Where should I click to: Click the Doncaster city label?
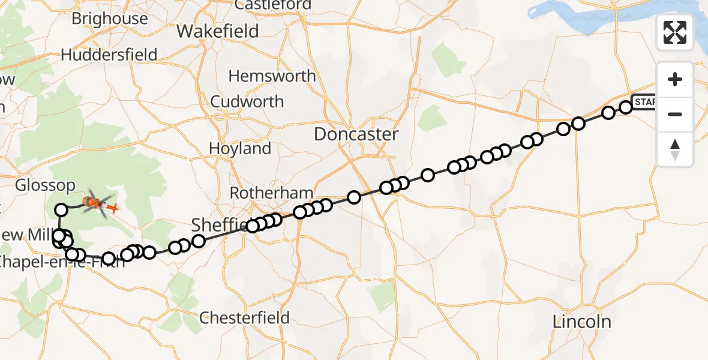point(356,134)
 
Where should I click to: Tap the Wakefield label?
point(218,31)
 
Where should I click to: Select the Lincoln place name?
point(581,322)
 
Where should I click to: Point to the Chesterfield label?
point(244,317)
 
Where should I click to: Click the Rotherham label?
point(271,193)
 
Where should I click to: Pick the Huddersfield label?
point(109,55)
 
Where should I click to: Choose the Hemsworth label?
point(272,76)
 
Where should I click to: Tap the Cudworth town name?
point(247,101)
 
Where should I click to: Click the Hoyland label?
point(240,148)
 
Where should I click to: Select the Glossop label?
point(46,185)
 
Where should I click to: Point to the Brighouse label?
point(109,19)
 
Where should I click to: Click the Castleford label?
point(273,5)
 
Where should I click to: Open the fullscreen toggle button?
point(675,32)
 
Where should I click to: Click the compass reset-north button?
point(675,149)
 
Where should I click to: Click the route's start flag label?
point(644,102)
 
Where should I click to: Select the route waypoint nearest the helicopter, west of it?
point(61,209)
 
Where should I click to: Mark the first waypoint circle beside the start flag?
point(625,107)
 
